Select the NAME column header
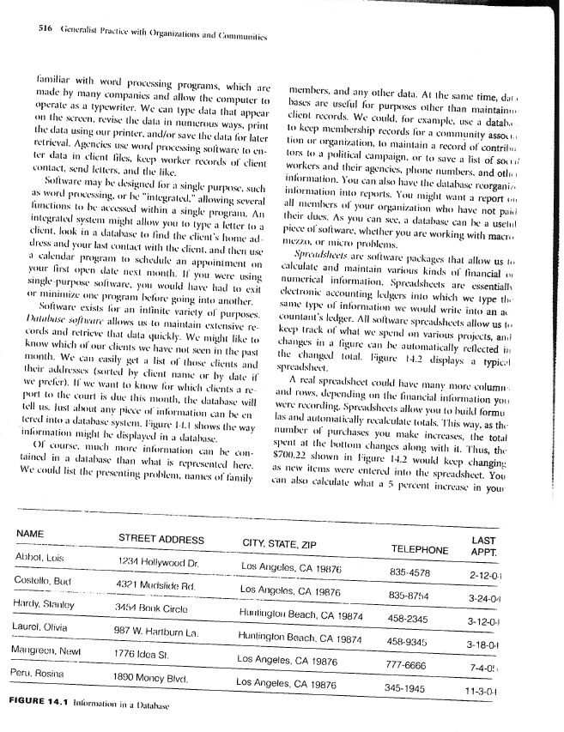(x=30, y=534)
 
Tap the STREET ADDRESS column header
(x=161, y=538)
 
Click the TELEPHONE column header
(x=420, y=549)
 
